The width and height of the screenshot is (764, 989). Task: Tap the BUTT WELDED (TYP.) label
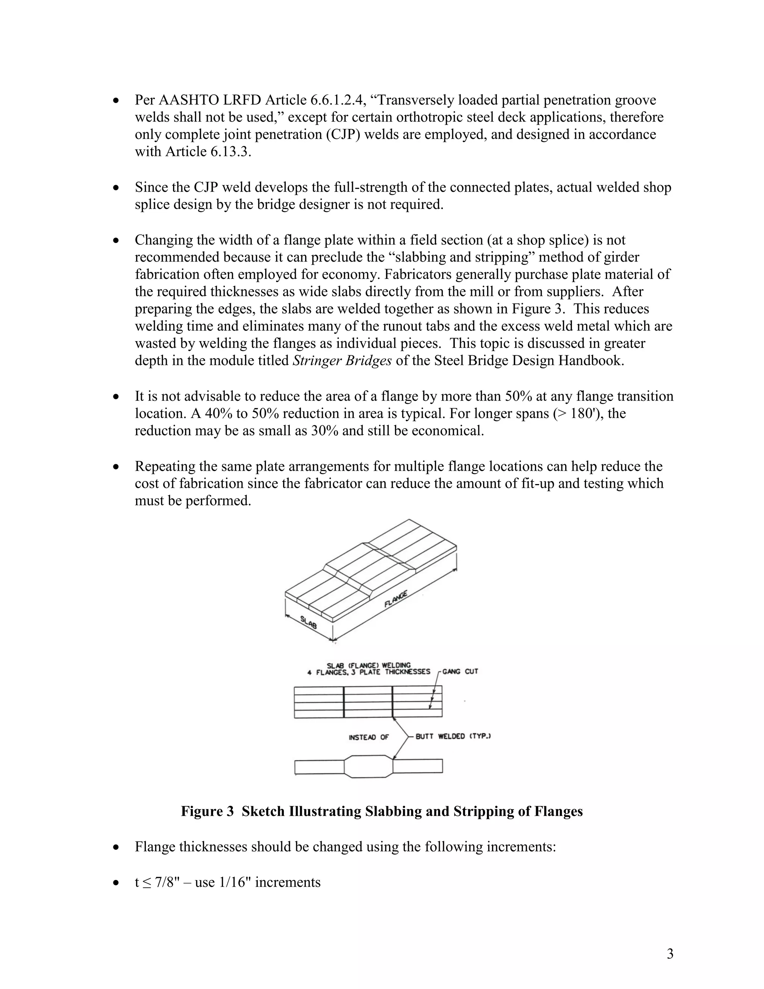pyautogui.click(x=453, y=736)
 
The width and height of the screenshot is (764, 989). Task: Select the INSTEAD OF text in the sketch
pyautogui.click(x=369, y=737)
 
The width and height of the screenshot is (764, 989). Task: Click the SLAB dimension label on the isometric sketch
pyautogui.click(x=309, y=622)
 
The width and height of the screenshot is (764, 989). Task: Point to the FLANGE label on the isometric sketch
pyautogui.click(x=396, y=599)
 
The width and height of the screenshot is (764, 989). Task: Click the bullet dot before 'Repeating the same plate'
pyautogui.click(x=117, y=467)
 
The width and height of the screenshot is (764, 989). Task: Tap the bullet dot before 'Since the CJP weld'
pyautogui.click(x=117, y=187)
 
